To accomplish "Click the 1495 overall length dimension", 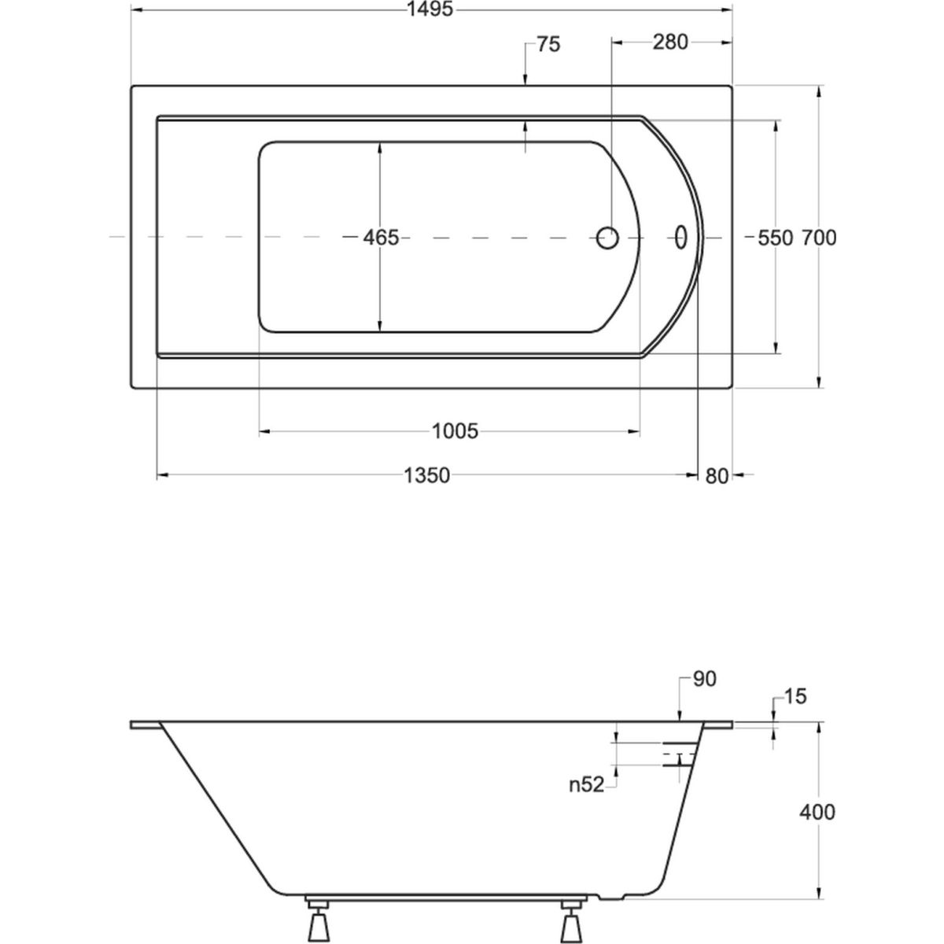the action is [430, 9].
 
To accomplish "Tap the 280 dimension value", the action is [670, 42].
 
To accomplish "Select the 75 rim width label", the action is [548, 45].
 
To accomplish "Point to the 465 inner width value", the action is [381, 238].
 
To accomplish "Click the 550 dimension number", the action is [775, 238].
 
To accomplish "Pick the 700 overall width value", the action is [819, 238].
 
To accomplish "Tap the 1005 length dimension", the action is [455, 432].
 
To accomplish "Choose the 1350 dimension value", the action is [426, 475].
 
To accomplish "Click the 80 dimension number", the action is [717, 477].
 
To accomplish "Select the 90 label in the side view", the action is [705, 679].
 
